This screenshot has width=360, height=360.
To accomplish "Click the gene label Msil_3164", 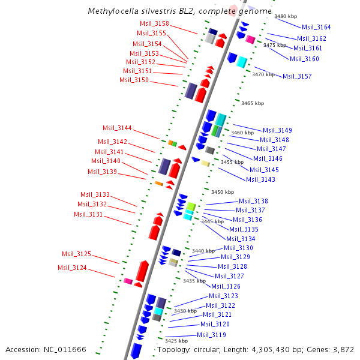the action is pos(316,27).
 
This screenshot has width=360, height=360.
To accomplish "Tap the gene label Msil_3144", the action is pos(117,128).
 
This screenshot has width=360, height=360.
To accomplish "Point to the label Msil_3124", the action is pos(72,268).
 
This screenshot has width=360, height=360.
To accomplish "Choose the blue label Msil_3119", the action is pos(211,335).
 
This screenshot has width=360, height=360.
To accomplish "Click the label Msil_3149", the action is pos(277,130).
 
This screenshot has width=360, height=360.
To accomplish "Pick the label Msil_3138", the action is pos(253,201).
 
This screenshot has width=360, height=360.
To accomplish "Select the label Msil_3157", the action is pos(297,76).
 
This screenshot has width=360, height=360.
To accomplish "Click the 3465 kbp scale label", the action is pos(253,103).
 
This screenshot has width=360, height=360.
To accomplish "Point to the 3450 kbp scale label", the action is pos(223,192).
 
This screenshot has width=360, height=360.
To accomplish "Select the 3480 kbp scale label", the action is pos(286,16).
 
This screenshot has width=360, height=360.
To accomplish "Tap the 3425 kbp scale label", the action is pos(176,340).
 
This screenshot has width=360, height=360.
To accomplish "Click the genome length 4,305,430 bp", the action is pos(282,349).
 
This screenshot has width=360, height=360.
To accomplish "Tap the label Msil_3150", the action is pos(134,80).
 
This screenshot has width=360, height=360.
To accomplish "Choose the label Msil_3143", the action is pos(261,179).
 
